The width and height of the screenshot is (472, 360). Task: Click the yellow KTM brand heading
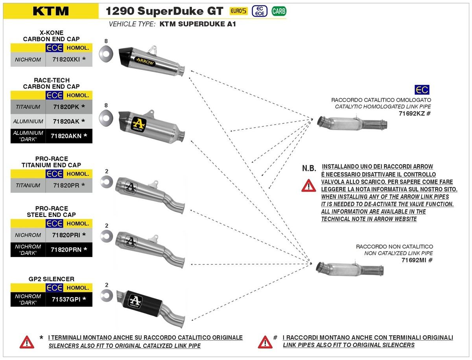click(x=51, y=11)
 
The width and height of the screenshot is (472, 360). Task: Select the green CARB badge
click(x=278, y=11)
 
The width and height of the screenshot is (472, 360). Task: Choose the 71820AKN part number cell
click(x=66, y=136)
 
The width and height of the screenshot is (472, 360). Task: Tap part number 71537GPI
click(x=66, y=299)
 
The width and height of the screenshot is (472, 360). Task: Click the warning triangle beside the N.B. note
click(x=309, y=185)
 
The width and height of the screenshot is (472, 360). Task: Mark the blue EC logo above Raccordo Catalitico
click(x=422, y=90)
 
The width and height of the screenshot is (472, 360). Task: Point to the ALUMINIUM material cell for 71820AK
click(x=28, y=121)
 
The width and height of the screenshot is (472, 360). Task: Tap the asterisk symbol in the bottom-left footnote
click(x=41, y=338)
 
